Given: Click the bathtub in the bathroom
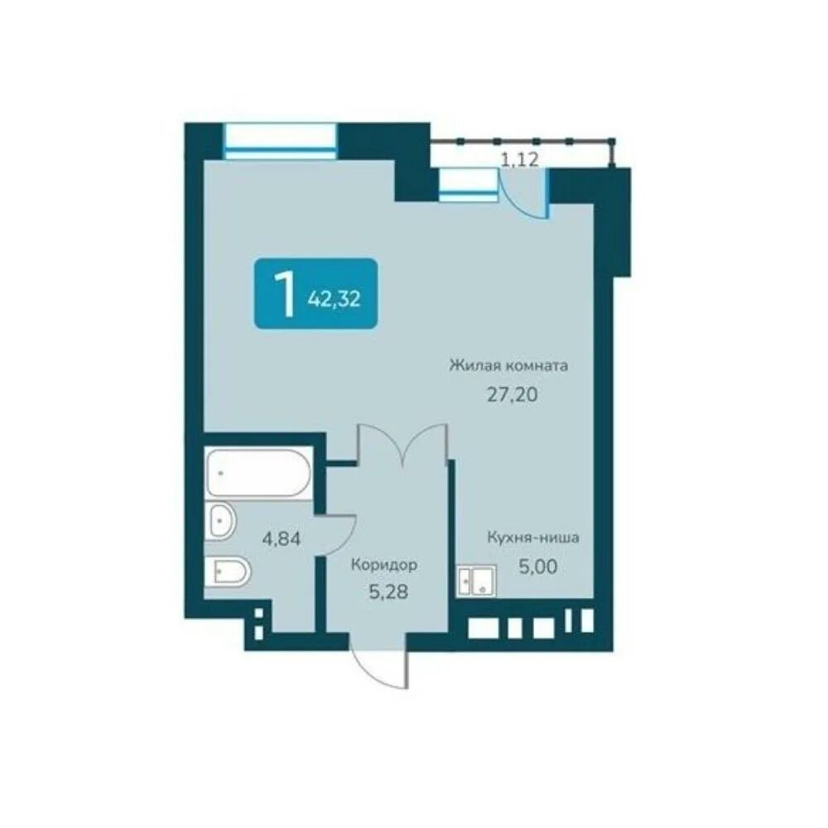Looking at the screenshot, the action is (258, 473).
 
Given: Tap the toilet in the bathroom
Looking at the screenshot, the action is (230, 572).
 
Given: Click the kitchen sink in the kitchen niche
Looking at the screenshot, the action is (476, 581).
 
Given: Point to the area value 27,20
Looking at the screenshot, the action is (512, 394).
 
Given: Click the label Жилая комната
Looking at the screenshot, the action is (508, 365).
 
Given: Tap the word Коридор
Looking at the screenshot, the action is (384, 565).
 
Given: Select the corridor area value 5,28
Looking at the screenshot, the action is (388, 593).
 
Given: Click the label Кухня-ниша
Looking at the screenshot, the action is (532, 537).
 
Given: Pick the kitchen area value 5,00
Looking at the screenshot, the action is (537, 566).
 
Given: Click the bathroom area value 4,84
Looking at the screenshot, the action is (282, 539).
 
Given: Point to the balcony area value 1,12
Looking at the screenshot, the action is (520, 159).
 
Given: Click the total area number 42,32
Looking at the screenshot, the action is (334, 300).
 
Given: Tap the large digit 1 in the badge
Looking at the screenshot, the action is (286, 294).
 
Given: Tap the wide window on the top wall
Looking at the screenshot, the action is (281, 141).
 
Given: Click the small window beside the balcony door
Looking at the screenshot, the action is (469, 185).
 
